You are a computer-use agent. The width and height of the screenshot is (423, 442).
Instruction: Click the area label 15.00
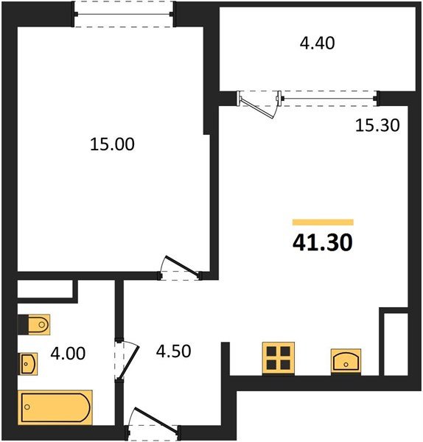112,144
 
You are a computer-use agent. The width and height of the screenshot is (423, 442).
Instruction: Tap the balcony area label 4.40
316,43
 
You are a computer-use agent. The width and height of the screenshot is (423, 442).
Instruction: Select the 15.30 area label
377,125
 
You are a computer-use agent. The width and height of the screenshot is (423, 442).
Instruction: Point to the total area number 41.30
322,243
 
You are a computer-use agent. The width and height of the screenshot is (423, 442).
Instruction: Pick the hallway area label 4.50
175,351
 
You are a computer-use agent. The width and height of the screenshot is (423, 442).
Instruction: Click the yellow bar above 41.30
322,222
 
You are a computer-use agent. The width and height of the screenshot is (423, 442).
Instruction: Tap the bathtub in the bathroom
55,407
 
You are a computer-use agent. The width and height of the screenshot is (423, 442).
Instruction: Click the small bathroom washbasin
29,362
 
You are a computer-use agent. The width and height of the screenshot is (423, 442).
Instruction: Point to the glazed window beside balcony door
329,97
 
